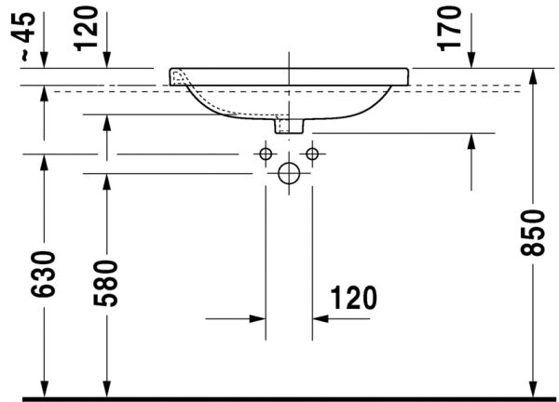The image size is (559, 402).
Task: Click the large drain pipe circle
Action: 289,172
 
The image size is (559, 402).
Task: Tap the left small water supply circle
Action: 266,153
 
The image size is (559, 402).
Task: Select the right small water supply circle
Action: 312,153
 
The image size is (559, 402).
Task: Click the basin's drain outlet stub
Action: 289,125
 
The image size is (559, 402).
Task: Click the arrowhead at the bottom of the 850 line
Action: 532,390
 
